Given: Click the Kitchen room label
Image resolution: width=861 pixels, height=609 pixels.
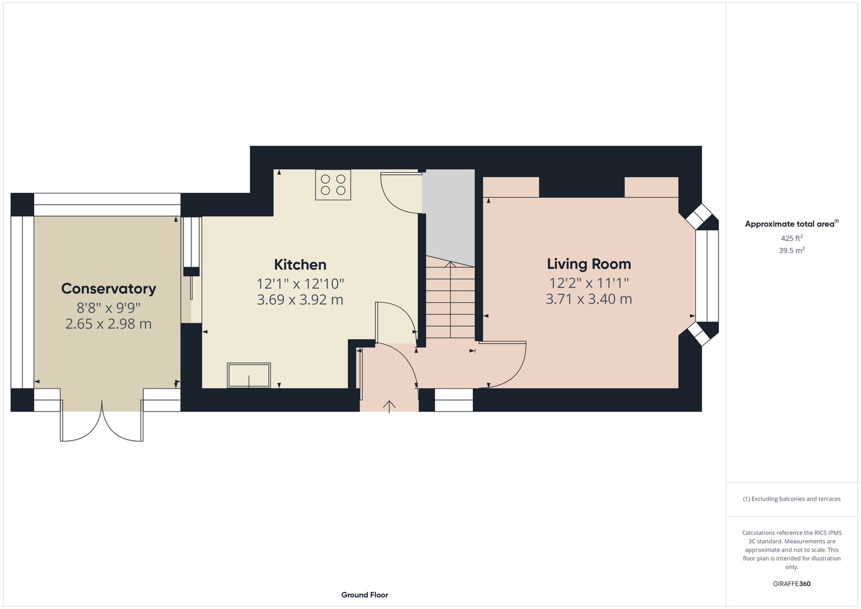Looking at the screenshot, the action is [300, 265].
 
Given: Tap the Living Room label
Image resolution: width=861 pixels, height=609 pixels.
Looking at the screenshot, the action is [589, 264].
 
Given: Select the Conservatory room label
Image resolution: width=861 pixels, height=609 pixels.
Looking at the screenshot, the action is [108, 289].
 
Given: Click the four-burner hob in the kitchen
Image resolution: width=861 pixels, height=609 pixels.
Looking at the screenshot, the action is [333, 185].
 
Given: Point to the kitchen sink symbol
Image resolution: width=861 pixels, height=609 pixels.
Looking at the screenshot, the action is [249, 375].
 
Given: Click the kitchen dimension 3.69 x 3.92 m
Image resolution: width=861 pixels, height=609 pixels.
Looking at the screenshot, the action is [300, 300].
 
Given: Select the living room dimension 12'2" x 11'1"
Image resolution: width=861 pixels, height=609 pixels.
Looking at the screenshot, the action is [589, 283].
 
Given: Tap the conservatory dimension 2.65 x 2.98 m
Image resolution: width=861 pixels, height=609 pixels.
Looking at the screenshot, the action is [108, 324].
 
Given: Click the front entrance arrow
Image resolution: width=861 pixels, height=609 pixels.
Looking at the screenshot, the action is [389, 407].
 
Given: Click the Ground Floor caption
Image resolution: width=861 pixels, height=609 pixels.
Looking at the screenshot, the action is [365, 595].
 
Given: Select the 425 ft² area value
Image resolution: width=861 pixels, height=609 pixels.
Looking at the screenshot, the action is [792, 238].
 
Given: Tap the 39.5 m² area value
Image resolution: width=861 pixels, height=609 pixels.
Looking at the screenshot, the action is [792, 250].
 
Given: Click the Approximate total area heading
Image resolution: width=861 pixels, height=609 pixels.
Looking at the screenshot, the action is [792, 224].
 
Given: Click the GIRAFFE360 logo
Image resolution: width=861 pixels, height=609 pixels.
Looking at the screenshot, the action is [792, 583].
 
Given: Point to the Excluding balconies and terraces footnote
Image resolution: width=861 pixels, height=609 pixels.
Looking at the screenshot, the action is [792, 499].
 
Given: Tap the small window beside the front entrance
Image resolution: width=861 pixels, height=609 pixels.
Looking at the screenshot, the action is [454, 400].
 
